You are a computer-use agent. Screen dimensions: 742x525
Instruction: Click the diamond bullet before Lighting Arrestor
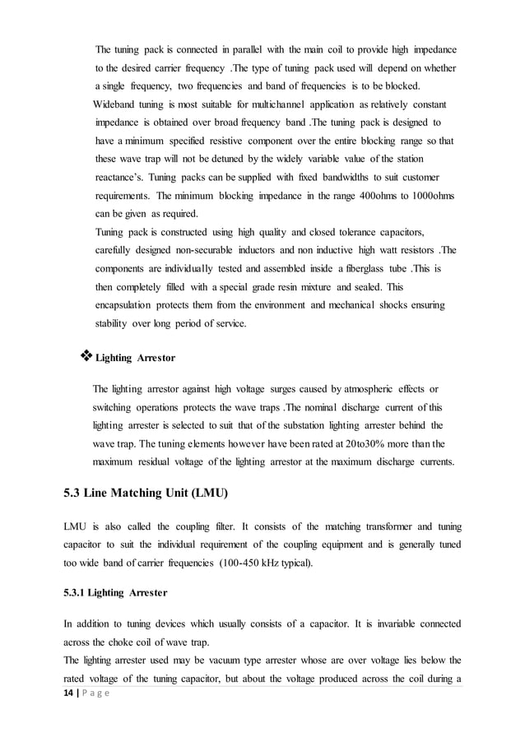tap(86, 356)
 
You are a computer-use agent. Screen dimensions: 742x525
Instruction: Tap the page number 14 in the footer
tap(72, 693)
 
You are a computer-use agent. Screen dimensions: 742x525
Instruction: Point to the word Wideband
tap(119, 105)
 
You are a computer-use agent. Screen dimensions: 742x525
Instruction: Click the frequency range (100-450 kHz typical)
tap(259, 562)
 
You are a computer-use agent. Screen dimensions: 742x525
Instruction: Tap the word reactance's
tap(124, 178)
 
